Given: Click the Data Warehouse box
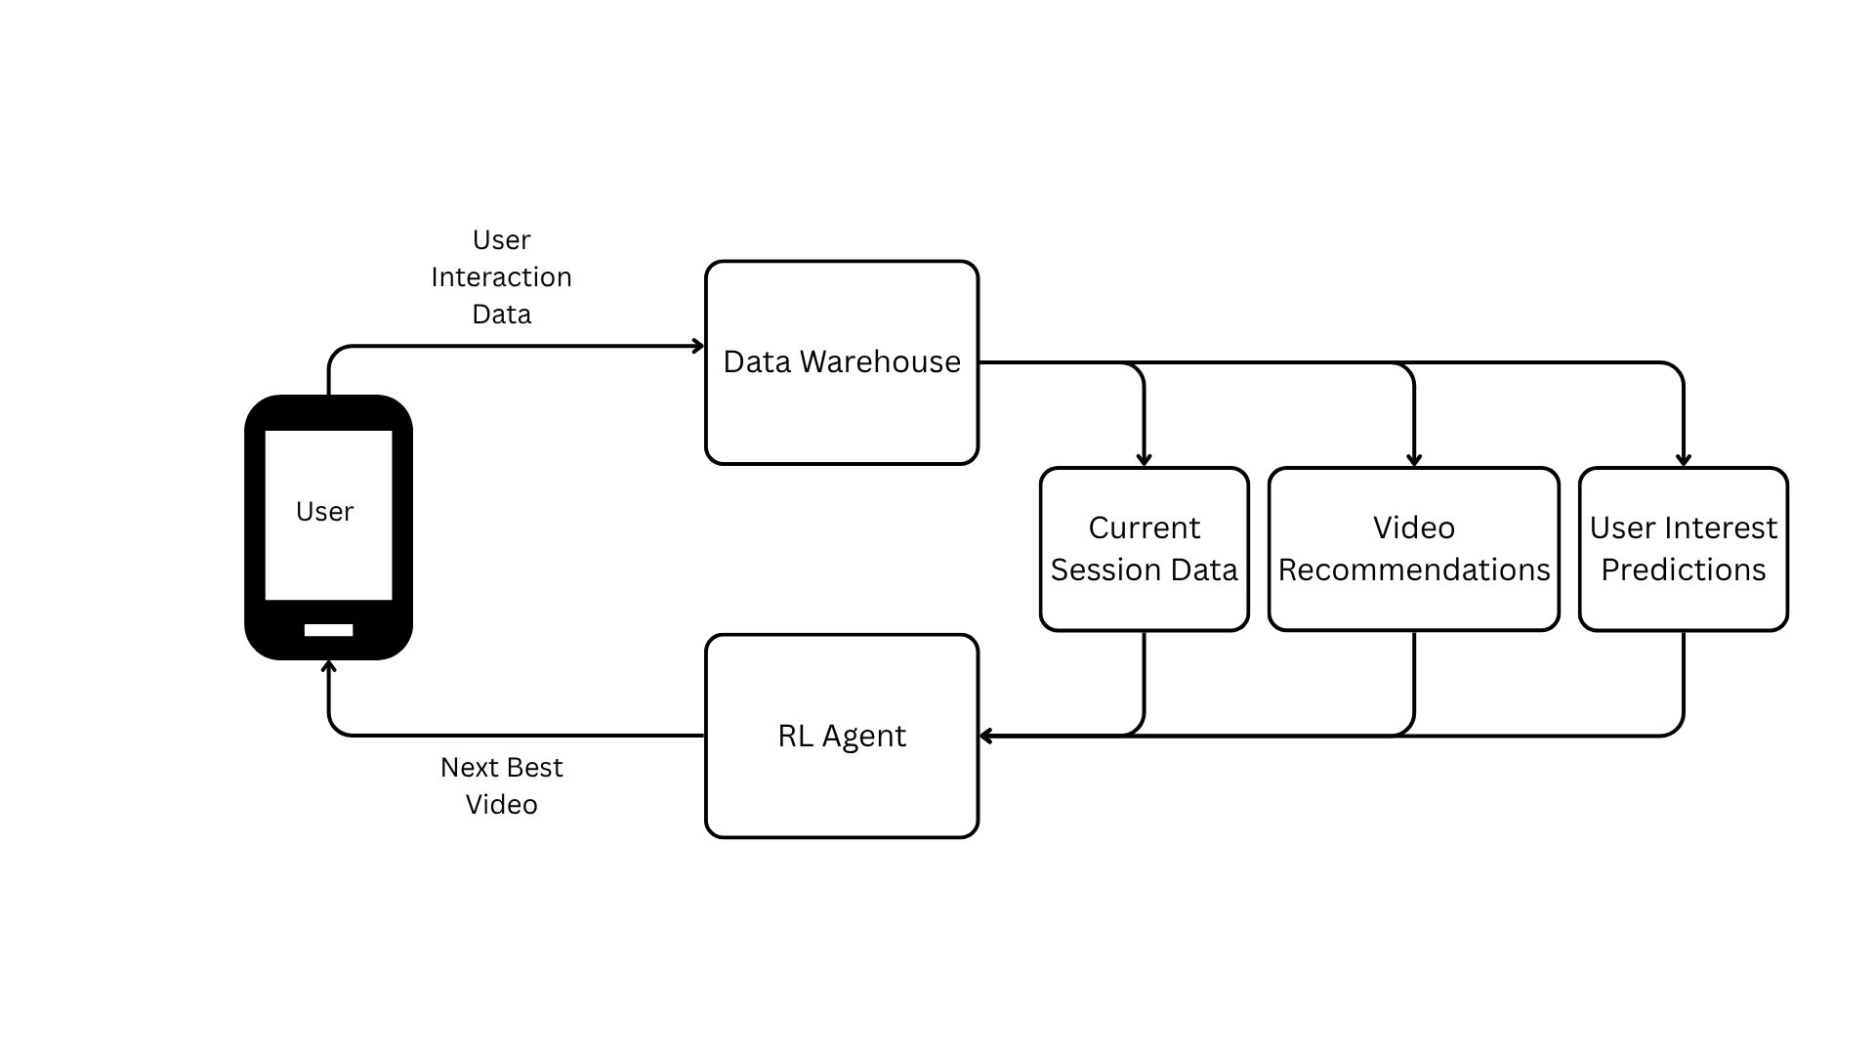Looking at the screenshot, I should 842,410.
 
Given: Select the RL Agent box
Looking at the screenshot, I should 842,781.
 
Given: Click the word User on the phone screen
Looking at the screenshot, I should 324,512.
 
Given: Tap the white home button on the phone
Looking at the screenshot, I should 328,630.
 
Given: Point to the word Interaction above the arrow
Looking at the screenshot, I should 501,277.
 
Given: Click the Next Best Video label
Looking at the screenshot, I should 501,785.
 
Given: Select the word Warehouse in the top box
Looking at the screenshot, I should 880,362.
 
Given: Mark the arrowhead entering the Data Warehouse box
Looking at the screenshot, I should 698,346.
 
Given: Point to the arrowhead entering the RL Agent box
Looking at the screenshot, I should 986,736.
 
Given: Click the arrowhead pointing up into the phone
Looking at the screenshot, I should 329,667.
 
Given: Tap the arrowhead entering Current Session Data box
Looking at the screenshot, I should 1144,459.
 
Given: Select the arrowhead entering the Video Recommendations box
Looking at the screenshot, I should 1413,459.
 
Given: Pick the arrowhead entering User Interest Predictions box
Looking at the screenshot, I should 1683,459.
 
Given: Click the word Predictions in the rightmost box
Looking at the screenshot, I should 1683,570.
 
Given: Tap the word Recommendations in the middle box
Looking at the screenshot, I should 1413,570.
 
